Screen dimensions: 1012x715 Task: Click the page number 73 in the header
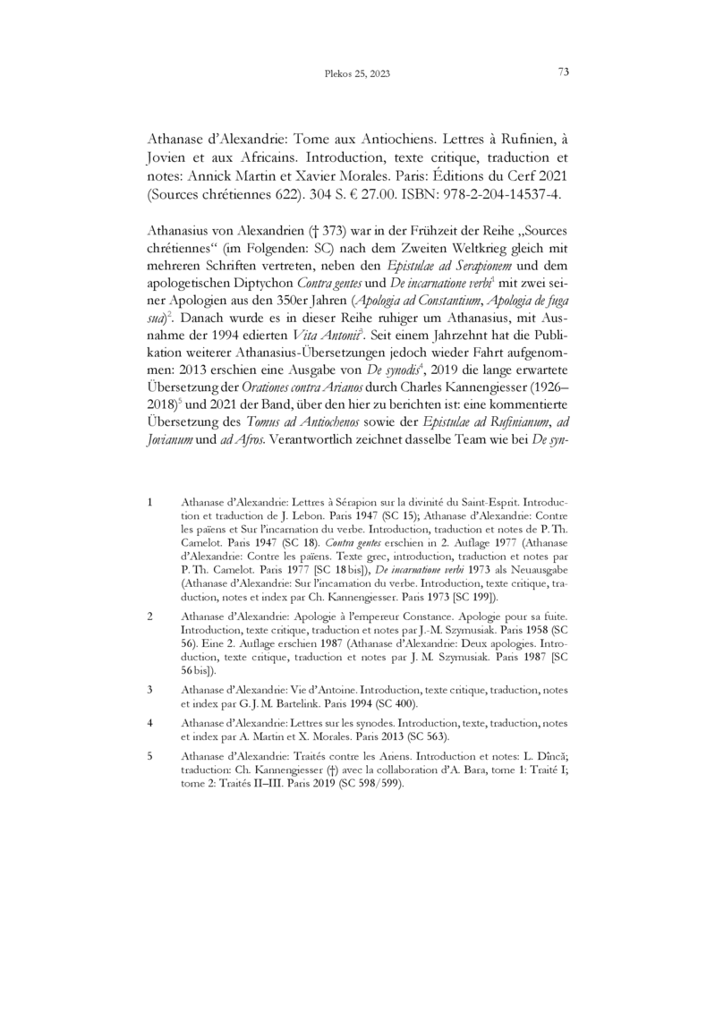[x=564, y=72]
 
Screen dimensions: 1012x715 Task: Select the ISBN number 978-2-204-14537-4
[x=500, y=193]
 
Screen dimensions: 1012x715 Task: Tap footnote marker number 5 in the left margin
[x=149, y=731]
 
